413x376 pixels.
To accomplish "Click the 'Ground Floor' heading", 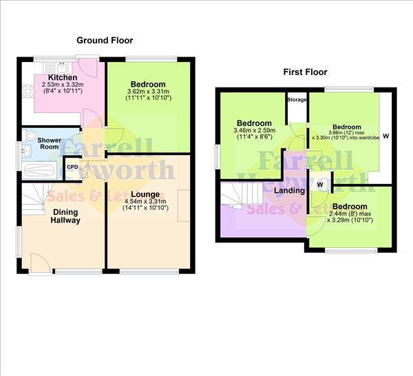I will click(104, 41).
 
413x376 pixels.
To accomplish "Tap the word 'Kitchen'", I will click(62, 77).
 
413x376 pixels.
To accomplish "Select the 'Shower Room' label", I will click(40, 143).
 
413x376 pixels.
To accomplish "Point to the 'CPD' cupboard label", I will click(72, 166).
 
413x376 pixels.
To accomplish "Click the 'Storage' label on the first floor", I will click(297, 99).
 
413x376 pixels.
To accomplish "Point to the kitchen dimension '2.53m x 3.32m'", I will click(63, 85).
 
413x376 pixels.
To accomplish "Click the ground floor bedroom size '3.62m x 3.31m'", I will click(147, 92).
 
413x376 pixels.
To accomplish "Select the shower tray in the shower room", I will click(41, 169).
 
